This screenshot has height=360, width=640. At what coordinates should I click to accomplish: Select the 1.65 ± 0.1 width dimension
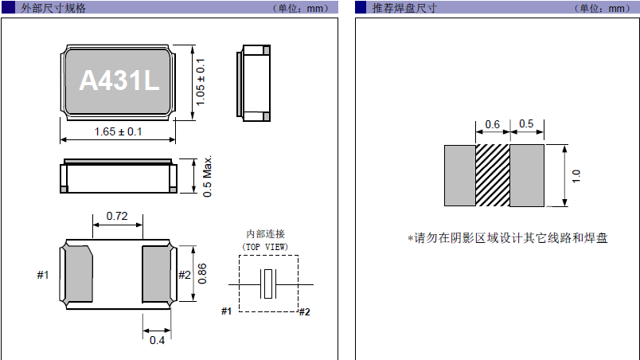118,132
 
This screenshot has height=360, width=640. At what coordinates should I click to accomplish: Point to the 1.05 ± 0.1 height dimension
201,81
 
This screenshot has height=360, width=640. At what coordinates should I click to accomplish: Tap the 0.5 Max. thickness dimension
208,176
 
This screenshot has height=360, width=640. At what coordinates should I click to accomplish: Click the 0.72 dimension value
117,216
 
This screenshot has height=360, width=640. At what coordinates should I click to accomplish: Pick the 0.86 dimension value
202,274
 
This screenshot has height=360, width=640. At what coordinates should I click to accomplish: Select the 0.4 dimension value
158,341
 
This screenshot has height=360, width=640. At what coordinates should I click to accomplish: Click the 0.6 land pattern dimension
492,124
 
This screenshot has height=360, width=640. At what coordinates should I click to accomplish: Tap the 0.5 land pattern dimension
526,124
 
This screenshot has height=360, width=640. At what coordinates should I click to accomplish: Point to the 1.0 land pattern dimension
576,175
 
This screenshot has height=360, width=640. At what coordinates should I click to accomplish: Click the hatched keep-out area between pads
492,175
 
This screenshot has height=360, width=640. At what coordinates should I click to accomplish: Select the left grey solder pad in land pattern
459,175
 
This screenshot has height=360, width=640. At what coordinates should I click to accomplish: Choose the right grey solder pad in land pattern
526,175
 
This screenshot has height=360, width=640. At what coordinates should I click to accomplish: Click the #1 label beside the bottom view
43,276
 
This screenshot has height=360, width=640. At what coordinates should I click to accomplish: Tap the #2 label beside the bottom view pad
184,276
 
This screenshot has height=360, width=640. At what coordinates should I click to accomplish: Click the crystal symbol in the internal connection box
270,284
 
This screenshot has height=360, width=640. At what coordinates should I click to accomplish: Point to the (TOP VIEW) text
265,247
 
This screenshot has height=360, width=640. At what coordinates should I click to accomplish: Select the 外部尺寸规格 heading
55,8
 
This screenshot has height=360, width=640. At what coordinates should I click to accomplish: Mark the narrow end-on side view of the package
255,81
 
